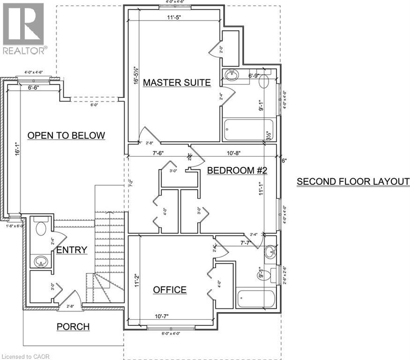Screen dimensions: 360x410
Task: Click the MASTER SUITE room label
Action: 177,82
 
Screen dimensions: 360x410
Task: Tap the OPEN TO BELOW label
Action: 66,135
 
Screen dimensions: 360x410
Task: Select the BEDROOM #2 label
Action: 237,171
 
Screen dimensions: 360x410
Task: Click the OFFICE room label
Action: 170,290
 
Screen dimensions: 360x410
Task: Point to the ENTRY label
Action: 72,250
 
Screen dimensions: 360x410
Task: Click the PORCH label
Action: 73,326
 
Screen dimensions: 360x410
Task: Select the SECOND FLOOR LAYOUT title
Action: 353,181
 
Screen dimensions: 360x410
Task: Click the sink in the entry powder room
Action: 41,261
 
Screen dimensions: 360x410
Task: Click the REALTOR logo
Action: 24,28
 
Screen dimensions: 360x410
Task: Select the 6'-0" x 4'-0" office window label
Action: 171,333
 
